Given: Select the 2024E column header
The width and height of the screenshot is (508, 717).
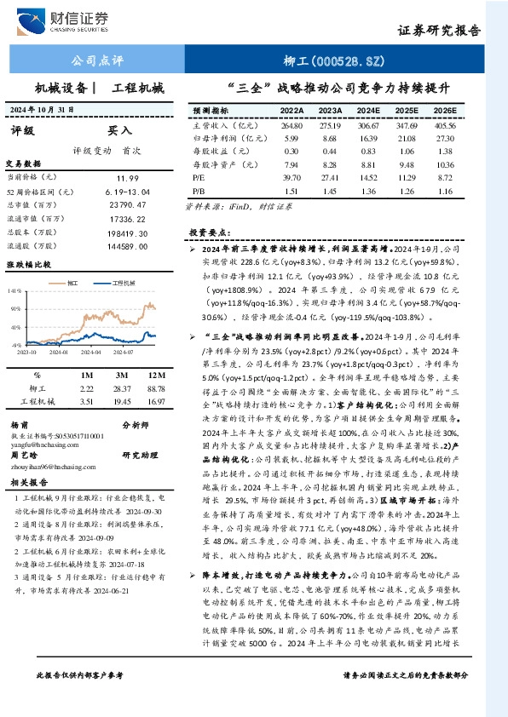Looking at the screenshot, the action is click(x=368, y=111).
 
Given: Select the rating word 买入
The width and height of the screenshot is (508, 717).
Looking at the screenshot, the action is click(x=119, y=131).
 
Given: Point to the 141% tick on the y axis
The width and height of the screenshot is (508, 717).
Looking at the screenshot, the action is click(x=15, y=291).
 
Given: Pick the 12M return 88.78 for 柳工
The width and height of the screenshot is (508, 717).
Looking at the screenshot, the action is click(x=156, y=387).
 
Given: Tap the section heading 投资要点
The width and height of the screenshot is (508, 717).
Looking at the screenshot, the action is click(x=209, y=232).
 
